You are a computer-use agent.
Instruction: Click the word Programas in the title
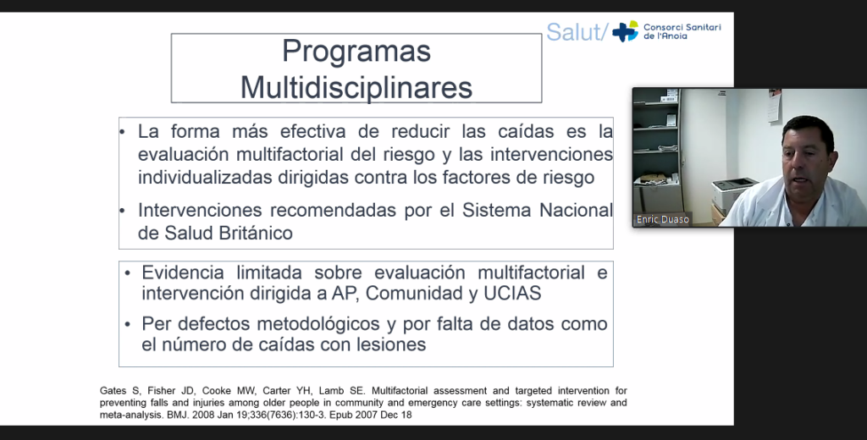(x=356, y=52)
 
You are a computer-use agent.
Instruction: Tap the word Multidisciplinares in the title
(x=356, y=87)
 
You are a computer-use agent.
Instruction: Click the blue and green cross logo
(x=625, y=31)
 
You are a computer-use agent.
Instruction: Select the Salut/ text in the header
(x=577, y=32)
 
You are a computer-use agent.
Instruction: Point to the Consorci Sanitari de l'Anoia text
(x=682, y=31)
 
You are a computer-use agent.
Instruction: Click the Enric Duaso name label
(x=662, y=219)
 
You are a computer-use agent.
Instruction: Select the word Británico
(x=256, y=234)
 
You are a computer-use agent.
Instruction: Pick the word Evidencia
(x=183, y=272)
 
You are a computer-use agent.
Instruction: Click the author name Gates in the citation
(x=113, y=391)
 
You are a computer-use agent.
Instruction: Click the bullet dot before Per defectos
(x=127, y=324)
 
